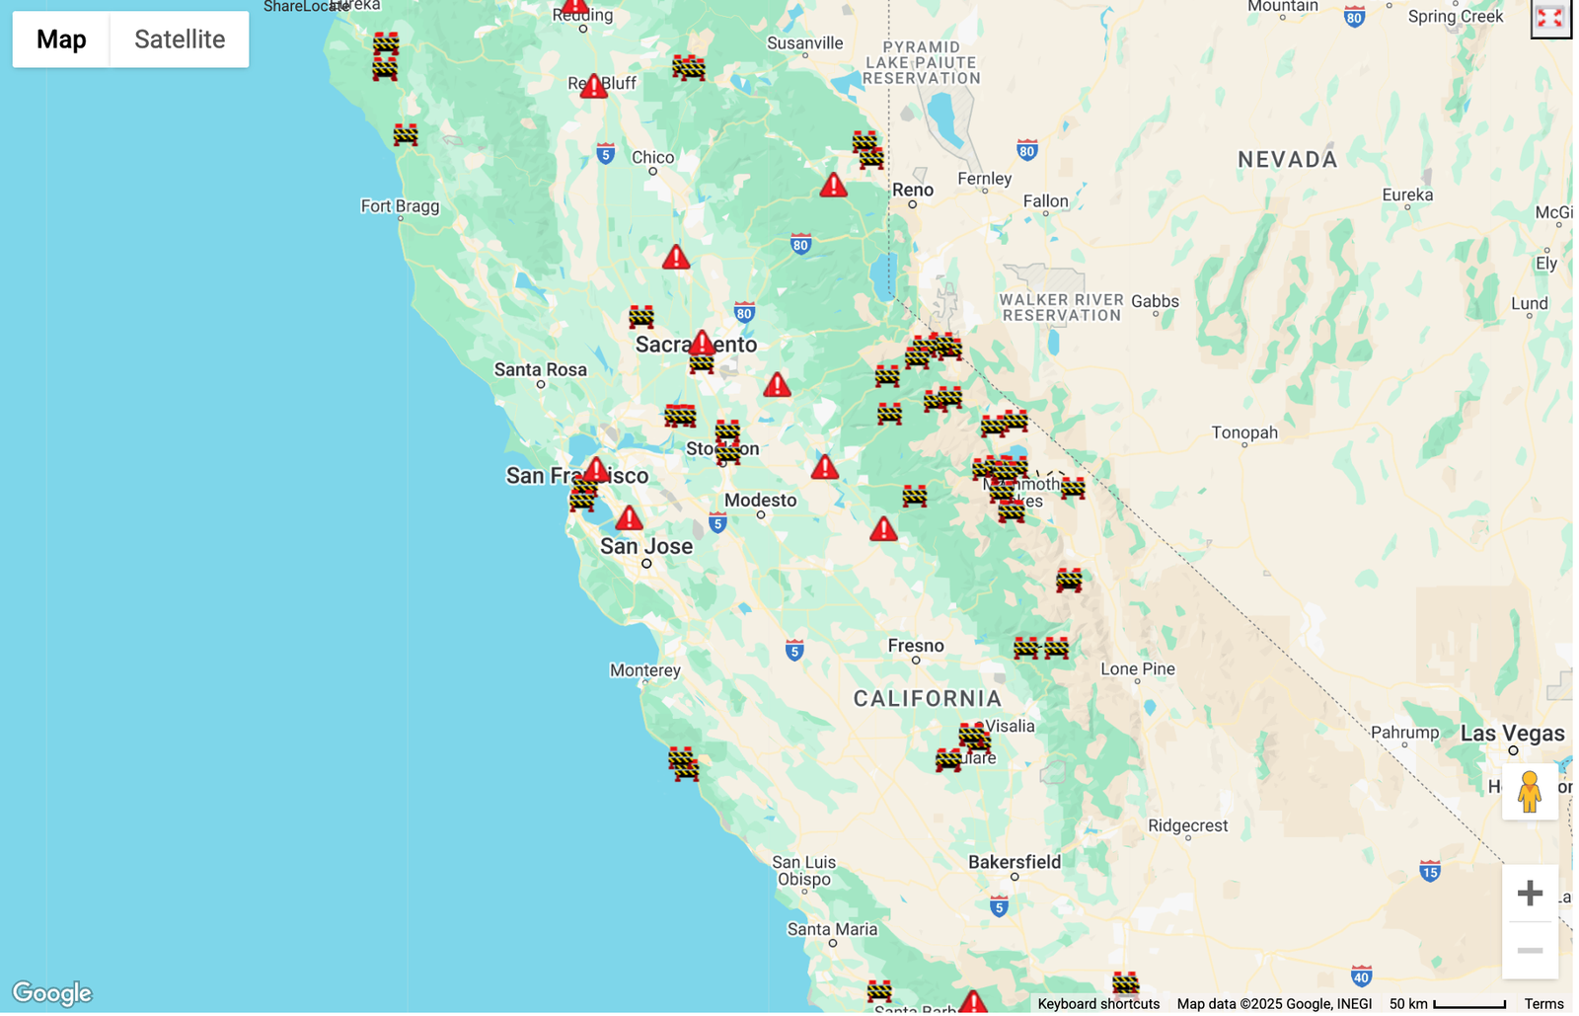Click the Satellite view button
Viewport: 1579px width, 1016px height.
click(180, 39)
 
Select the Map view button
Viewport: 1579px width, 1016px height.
click(61, 39)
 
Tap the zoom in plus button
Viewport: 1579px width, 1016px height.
click(1530, 894)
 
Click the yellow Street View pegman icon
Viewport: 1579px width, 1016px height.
click(1530, 792)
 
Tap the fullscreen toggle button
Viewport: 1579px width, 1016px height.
click(1549, 19)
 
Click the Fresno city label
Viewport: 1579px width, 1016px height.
click(916, 646)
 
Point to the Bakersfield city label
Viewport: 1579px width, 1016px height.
click(1015, 862)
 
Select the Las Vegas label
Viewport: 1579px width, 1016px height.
click(1512, 734)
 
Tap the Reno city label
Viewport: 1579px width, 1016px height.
click(913, 190)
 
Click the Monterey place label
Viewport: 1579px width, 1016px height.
click(645, 670)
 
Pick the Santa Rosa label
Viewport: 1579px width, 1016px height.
click(541, 370)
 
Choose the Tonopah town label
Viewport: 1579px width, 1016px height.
click(1244, 432)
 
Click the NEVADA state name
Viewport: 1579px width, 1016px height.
click(1288, 160)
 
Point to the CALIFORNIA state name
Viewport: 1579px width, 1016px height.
click(928, 699)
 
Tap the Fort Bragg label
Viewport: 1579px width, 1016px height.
click(400, 206)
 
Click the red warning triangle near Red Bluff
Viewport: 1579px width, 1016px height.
click(593, 87)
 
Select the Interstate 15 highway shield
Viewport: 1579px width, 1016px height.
click(1430, 871)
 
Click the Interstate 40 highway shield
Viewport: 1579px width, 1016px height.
click(1362, 977)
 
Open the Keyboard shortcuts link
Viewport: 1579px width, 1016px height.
click(1098, 1004)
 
